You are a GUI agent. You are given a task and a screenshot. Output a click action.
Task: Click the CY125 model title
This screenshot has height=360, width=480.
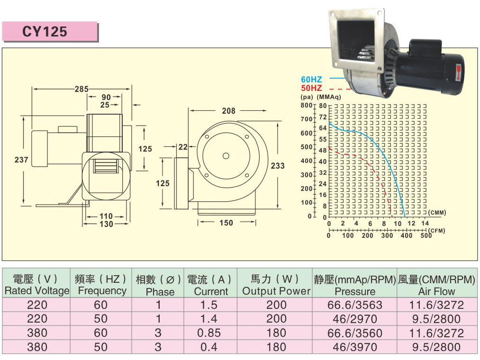click(45, 31)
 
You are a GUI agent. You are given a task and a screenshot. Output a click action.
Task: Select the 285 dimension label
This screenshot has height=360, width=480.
click(82, 89)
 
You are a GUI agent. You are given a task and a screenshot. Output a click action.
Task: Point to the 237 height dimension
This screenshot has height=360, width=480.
click(21, 160)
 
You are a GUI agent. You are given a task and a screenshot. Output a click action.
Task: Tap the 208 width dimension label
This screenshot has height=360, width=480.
click(229, 110)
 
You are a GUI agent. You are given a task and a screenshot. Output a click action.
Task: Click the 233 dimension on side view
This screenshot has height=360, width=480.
click(278, 166)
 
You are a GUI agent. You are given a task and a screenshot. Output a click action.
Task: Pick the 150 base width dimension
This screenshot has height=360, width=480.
click(226, 223)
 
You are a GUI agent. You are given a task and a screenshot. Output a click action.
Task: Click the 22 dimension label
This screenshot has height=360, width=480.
click(183, 147)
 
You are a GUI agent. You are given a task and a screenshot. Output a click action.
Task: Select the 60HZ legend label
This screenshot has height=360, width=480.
click(312, 80)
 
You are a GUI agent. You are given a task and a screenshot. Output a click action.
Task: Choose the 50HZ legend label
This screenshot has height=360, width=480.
click(312, 88)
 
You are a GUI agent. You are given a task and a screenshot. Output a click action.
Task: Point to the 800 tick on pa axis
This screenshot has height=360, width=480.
click(306, 106)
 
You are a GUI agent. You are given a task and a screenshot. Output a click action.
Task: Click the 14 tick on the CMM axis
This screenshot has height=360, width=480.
click(425, 223)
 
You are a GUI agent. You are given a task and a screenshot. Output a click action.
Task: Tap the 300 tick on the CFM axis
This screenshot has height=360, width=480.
click(387, 235)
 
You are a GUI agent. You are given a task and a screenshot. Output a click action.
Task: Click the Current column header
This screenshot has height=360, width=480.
click(211, 291)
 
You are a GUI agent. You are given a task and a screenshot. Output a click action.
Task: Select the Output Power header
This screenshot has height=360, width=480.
click(276, 291)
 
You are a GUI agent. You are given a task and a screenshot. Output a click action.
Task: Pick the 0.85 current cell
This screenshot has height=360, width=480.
click(209, 333)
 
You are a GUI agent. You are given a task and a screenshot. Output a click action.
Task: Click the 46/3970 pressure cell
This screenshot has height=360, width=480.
click(355, 347)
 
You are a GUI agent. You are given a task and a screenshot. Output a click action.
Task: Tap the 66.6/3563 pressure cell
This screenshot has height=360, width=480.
click(355, 305)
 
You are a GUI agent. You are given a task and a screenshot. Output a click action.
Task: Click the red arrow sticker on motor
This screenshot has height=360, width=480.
click(458, 72)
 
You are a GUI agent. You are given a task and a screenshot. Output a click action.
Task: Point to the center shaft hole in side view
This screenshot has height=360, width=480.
click(226, 156)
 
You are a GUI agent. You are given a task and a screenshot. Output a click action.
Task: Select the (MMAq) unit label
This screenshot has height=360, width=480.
click(329, 97)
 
